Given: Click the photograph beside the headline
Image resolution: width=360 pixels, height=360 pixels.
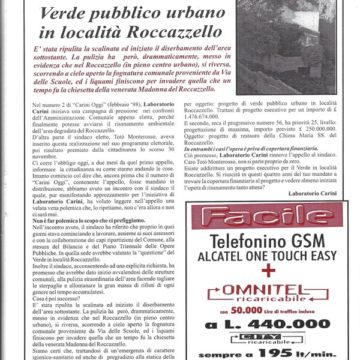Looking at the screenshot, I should click(285, 45).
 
